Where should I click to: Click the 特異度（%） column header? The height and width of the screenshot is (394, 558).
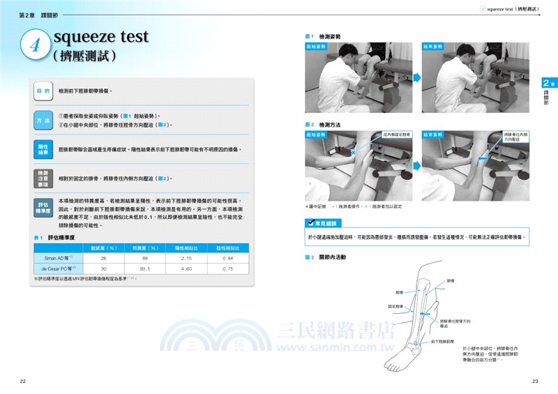click(x=146, y=248)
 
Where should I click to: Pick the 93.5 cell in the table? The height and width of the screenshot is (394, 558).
click(x=146, y=268)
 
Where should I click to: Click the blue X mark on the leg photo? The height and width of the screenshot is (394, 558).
click(x=354, y=151)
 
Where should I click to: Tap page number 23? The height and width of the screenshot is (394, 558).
click(x=535, y=381)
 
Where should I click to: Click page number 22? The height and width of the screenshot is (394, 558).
click(x=22, y=381)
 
